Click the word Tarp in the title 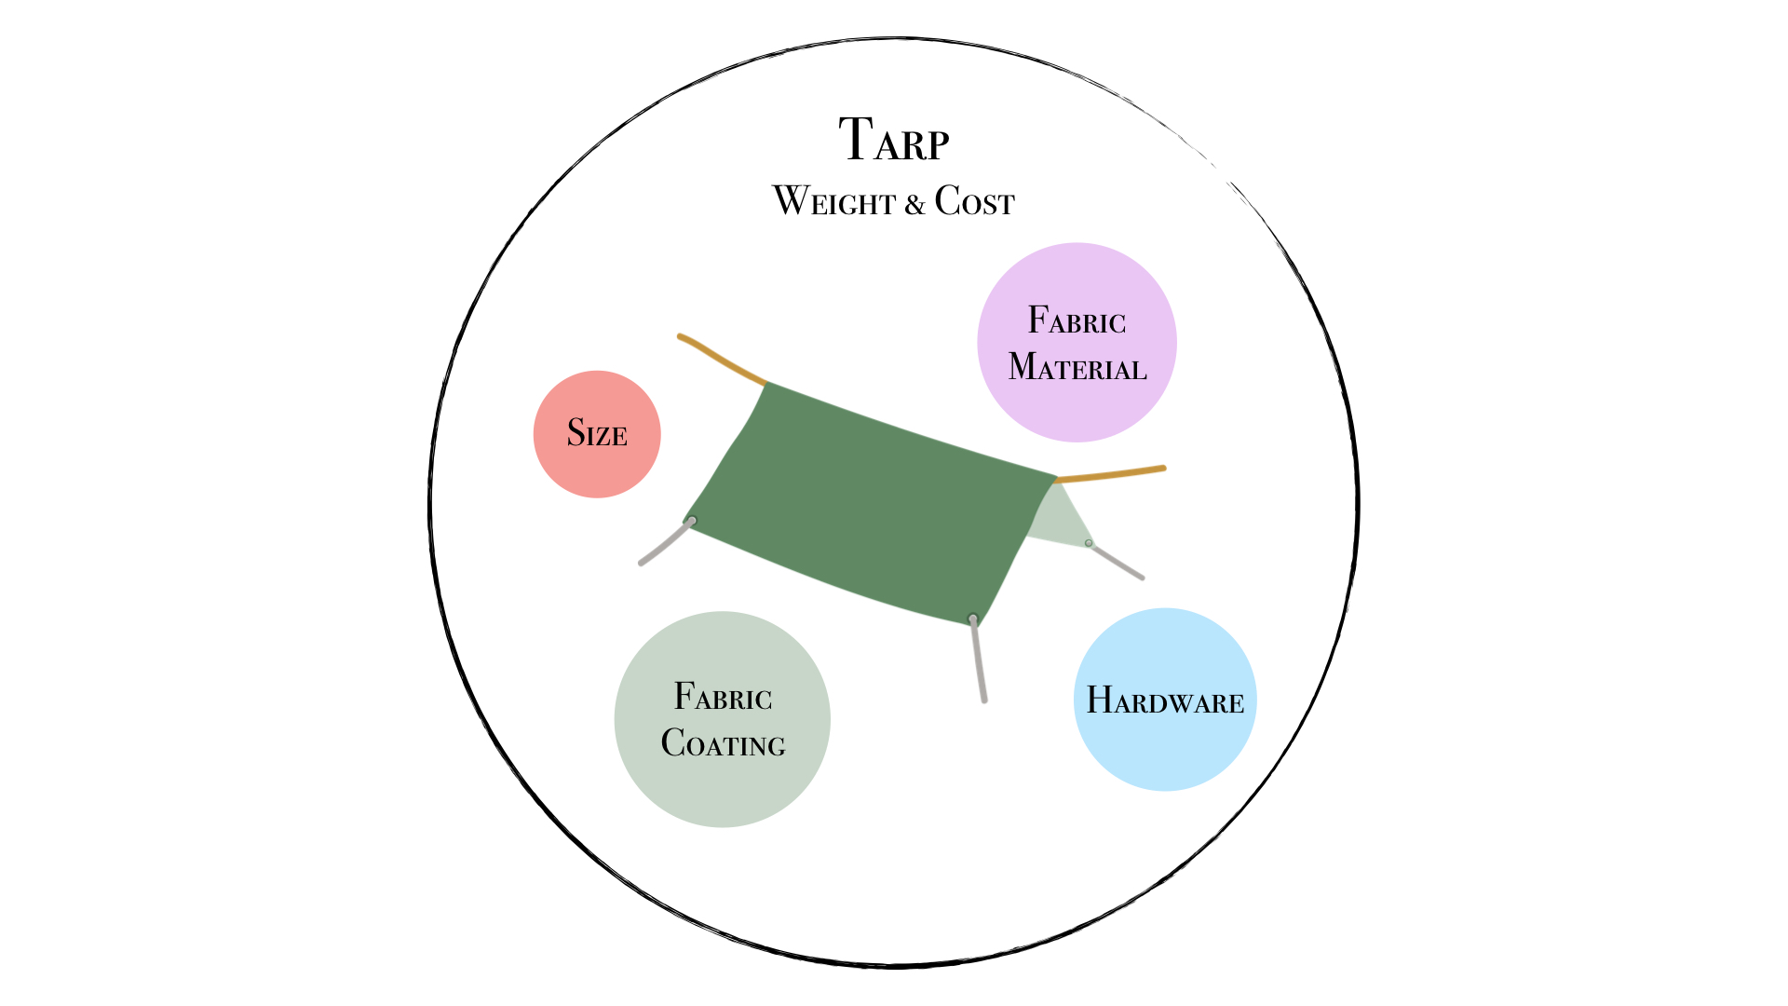[x=893, y=141]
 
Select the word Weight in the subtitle [x=833, y=201]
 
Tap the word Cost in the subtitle [x=974, y=201]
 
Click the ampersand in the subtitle [x=914, y=204]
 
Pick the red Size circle [x=597, y=434]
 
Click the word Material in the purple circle [x=1077, y=367]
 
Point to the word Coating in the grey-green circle [x=723, y=743]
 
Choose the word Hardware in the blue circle [x=1165, y=700]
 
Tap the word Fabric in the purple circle [x=1077, y=321]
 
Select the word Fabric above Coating [x=723, y=697]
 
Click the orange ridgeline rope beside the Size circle [x=722, y=360]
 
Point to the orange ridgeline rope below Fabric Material [x=1113, y=474]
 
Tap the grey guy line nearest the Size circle [x=664, y=544]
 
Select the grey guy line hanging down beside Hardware [x=979, y=661]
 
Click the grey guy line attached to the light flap [x=1117, y=562]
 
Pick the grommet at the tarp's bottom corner [x=973, y=619]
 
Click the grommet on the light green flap [x=1089, y=543]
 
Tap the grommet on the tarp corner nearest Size [x=692, y=521]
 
